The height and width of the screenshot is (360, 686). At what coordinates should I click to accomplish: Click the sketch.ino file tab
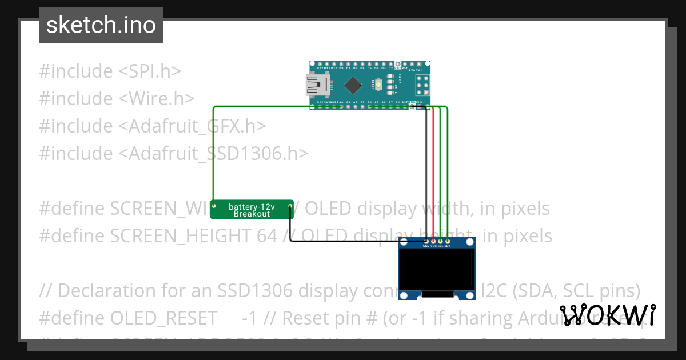tap(101, 25)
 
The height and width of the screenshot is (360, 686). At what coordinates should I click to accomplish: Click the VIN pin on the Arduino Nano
tap(420, 106)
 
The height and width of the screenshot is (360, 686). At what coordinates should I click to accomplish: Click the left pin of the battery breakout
tap(214, 205)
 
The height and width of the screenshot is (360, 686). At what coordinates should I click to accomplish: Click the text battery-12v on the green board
tap(252, 206)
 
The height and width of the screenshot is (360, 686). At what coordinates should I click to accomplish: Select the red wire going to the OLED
tap(433, 171)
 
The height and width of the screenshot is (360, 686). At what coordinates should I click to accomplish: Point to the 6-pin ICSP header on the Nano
tap(423, 85)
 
